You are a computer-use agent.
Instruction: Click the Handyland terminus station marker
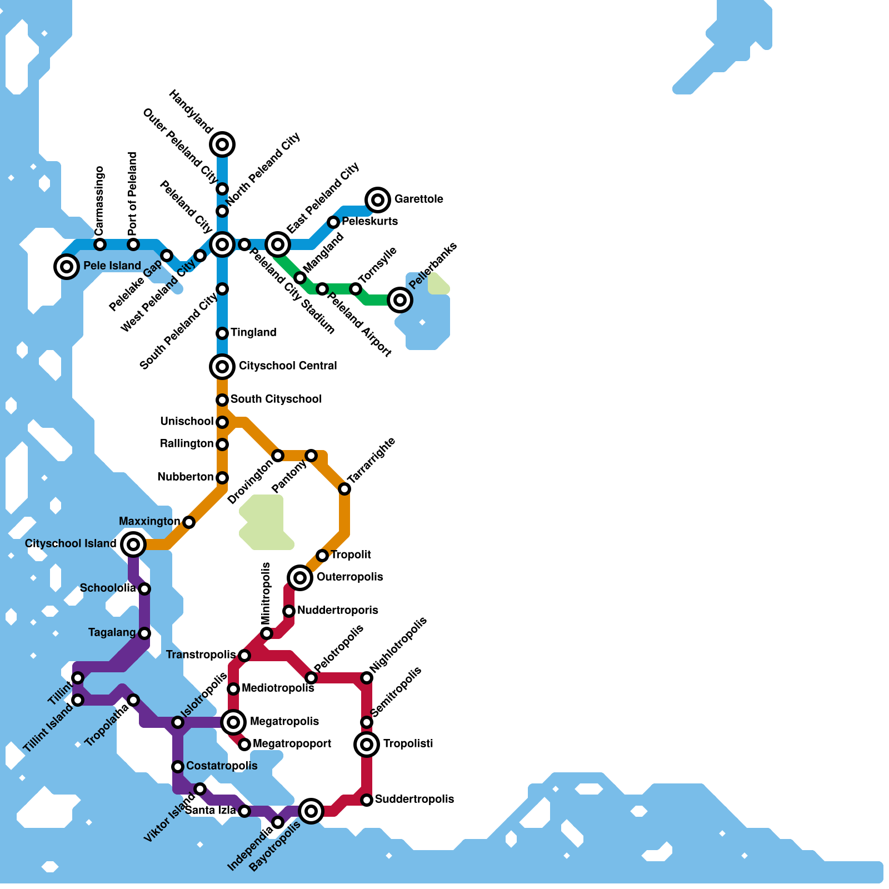(222, 144)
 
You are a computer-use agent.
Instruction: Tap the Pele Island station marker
(67, 266)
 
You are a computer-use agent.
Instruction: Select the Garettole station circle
(378, 199)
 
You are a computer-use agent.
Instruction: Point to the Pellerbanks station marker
(400, 300)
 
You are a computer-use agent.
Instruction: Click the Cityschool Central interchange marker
(222, 366)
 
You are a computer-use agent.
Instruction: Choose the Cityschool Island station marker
(133, 544)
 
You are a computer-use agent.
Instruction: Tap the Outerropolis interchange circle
(300, 577)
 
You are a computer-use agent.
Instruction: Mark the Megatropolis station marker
(234, 722)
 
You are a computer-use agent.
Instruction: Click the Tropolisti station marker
(367, 744)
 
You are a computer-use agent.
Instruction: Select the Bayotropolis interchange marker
(311, 811)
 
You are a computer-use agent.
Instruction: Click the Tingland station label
(253, 333)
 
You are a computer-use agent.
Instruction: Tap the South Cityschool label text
(276, 399)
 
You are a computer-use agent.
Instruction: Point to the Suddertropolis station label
(414, 800)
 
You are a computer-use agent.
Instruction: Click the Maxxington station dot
(189, 522)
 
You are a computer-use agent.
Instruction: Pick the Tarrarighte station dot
(344, 489)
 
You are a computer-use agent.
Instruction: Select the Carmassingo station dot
(100, 244)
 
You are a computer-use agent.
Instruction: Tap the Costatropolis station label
(222, 766)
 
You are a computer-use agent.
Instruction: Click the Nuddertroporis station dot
(289, 611)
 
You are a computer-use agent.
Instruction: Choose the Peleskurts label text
(369, 222)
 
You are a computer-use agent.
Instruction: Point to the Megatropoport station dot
(244, 744)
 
